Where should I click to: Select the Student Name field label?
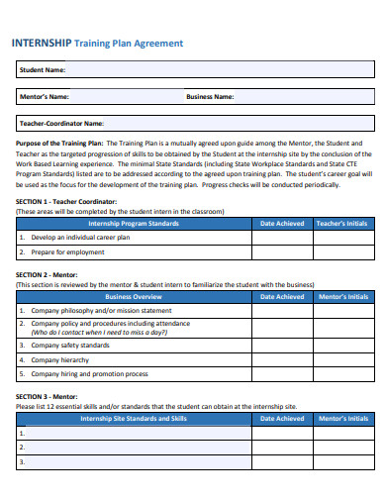(43, 70)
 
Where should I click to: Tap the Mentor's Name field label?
(45, 97)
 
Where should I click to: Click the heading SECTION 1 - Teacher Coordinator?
(66, 201)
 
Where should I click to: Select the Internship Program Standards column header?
(134, 224)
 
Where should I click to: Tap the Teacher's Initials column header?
(342, 224)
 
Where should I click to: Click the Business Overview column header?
(134, 296)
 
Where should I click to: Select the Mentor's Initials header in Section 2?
(342, 296)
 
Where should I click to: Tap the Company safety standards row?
(70, 346)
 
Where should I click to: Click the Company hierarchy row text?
(61, 359)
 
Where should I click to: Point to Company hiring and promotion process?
(90, 374)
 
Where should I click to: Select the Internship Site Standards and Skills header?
(134, 419)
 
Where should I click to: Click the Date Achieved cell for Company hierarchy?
(282, 359)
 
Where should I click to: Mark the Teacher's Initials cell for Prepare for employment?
(342, 252)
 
